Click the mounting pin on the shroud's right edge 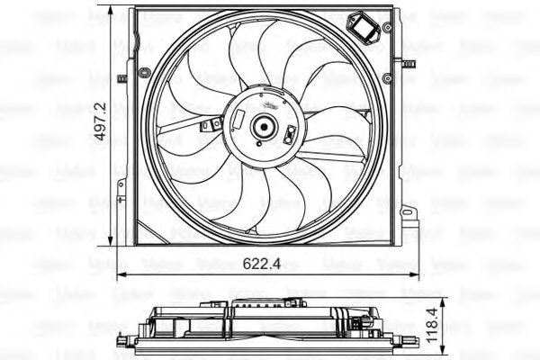(408, 64)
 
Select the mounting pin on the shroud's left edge (121, 77)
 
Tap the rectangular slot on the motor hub (238, 119)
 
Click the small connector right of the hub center (289, 136)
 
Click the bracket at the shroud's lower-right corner (409, 217)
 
